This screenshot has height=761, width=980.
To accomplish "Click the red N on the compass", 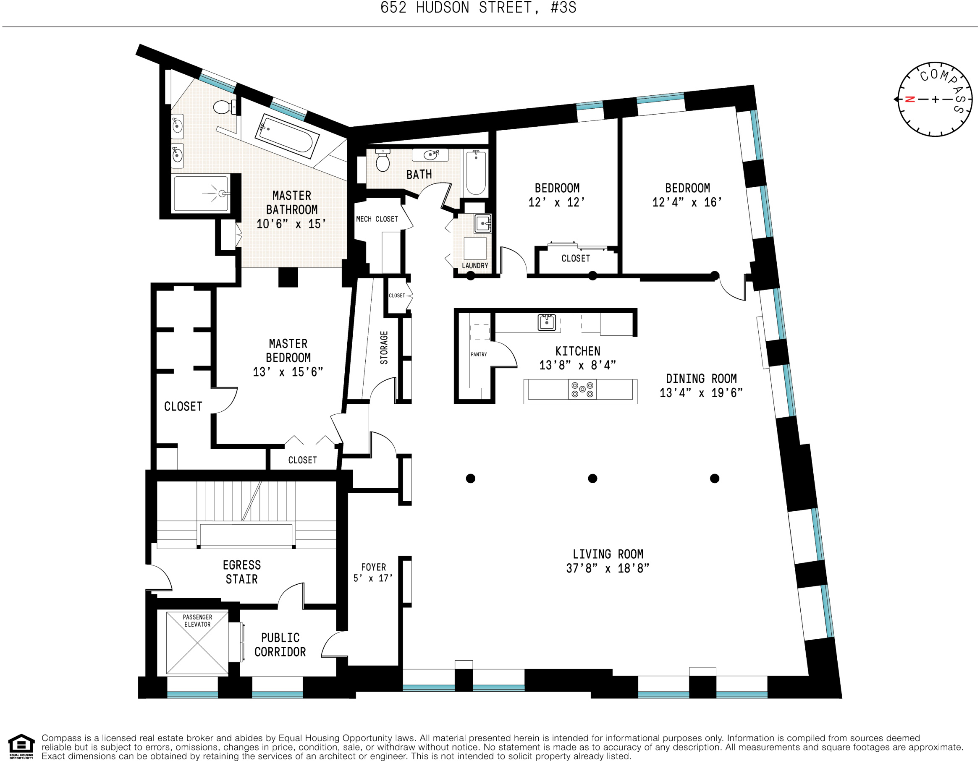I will coord(909,99).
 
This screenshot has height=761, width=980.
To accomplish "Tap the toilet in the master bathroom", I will coord(223,107).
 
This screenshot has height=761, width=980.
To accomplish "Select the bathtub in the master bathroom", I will coord(286,136).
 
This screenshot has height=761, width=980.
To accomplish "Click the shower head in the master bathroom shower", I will coord(222,194).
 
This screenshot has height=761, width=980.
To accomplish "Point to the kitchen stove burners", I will coord(582,389).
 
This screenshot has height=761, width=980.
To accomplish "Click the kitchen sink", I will coord(547,322).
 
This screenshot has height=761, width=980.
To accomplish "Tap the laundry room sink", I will coord(483,223).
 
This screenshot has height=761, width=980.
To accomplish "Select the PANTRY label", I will coord(478,354).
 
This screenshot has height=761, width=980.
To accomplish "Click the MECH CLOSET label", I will coord(377,219).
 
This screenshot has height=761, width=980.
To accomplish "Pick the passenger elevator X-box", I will coord(197,643).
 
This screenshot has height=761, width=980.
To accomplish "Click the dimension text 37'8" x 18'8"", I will coord(608,568).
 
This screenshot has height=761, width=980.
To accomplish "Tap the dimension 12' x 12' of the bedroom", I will coord(556,202).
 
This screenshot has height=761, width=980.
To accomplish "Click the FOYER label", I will coord(373,567).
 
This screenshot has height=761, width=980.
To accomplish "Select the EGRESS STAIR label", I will coord(242,572).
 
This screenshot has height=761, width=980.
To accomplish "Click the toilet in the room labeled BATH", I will coord(383,161).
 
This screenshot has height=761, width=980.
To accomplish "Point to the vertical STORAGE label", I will coord(384,347).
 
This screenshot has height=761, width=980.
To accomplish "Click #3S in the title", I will coord(563,8).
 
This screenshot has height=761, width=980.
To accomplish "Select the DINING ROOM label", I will coord(701,379).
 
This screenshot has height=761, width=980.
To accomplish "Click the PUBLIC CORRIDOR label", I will coord(280,645).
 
